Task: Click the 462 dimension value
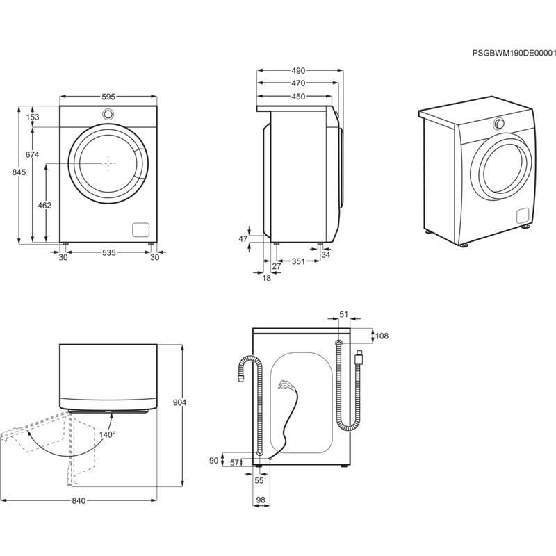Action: click(43, 206)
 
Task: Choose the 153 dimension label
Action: click(33, 117)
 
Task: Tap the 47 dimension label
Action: click(243, 239)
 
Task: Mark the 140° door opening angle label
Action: click(107, 434)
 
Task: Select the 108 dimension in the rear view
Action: click(382, 336)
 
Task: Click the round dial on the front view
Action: click(108, 114)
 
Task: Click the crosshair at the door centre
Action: click(108, 162)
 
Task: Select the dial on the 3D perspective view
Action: click(498, 124)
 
